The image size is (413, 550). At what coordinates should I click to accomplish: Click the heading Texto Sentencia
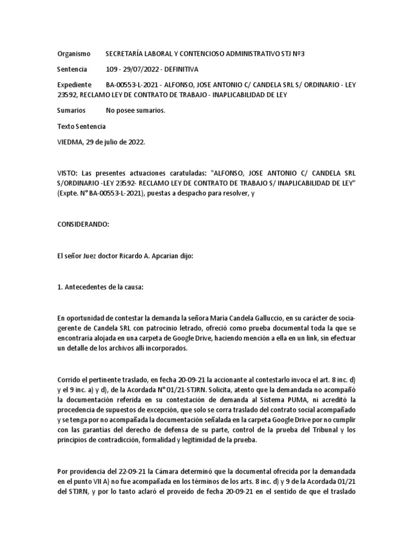click(x=81, y=126)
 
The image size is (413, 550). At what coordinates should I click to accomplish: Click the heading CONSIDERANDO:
click(x=83, y=225)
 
